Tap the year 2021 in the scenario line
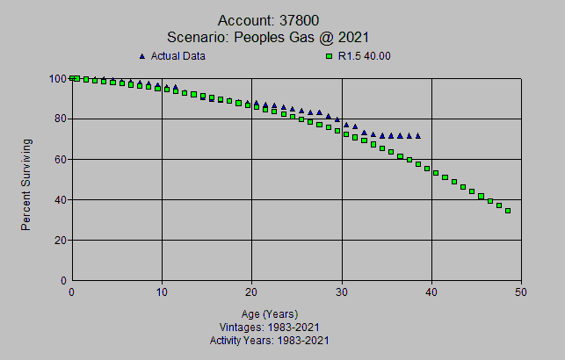pos(351,37)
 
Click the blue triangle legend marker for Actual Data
pos(141,56)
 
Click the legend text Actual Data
pos(180,56)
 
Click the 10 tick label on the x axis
pos(162,293)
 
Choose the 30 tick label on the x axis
pos(342,293)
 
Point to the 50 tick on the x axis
pos(521,293)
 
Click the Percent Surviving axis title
pos(26,184)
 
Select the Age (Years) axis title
pos(270,313)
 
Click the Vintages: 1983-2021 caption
pos(270,327)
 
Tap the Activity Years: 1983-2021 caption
pos(270,340)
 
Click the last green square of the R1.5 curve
pos(508,211)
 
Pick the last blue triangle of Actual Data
pos(418,135)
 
